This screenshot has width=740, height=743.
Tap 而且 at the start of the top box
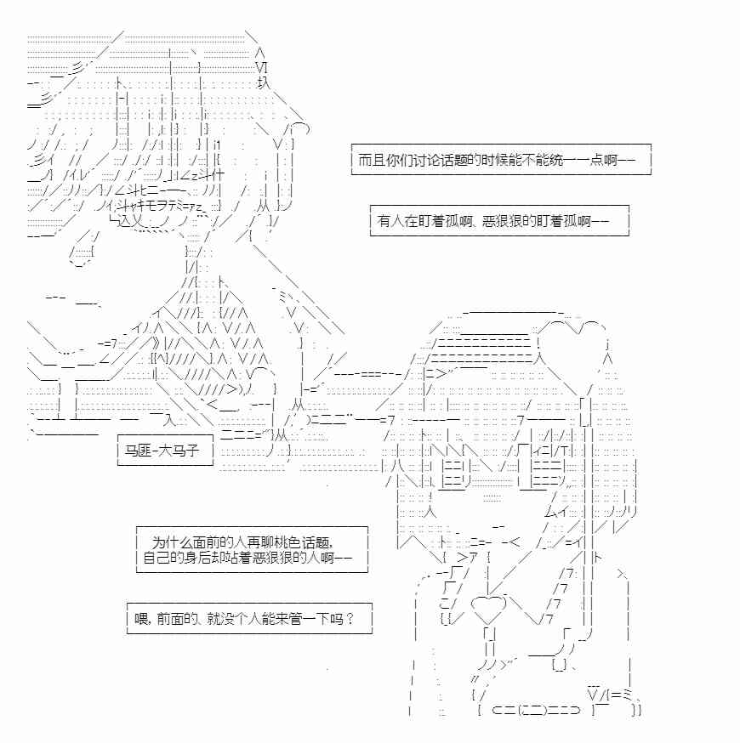[370, 160]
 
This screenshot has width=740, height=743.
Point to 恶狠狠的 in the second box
[504, 221]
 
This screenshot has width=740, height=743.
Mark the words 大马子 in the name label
[178, 451]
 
